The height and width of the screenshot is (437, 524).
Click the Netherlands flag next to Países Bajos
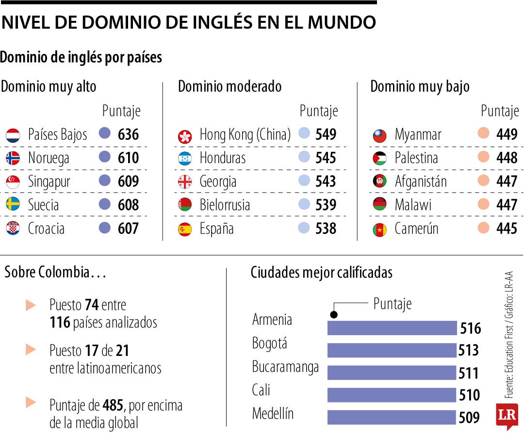point(13,135)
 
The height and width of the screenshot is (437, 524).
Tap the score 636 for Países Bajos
point(128,134)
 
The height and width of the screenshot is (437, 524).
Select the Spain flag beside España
point(185,229)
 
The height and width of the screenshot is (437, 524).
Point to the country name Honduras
point(222,158)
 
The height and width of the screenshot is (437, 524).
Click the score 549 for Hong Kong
point(326,134)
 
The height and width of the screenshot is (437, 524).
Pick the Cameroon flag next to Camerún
point(379,229)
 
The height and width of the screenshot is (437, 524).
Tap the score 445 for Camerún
point(507,228)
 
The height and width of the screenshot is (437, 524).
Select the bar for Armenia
point(392,328)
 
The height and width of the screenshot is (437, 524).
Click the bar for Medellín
point(392,417)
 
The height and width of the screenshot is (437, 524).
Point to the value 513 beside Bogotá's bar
point(469,350)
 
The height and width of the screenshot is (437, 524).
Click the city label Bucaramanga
point(285,367)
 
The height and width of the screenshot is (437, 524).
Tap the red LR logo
point(507,416)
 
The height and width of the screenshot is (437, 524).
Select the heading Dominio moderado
point(229,86)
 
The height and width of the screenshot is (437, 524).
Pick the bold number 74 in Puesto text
point(91,305)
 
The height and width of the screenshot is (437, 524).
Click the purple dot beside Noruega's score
point(104,157)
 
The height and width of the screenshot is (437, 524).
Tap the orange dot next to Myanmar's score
point(483,134)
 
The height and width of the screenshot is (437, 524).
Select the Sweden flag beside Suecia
point(13,204)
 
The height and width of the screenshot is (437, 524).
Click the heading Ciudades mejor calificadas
point(321,273)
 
